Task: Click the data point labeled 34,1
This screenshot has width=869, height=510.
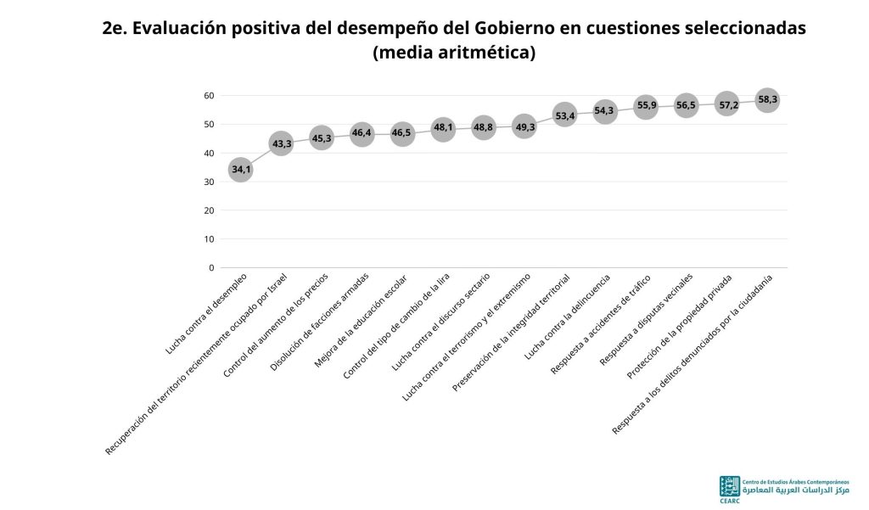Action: tap(240, 170)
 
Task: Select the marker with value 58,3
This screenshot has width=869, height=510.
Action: tap(767, 100)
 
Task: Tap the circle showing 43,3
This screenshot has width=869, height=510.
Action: tap(281, 143)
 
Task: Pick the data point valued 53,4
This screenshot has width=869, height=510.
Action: tap(564, 115)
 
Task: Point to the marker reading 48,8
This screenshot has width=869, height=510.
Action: tap(483, 127)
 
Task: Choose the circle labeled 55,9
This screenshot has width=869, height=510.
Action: tap(646, 106)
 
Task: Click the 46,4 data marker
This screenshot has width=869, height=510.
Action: tap(362, 134)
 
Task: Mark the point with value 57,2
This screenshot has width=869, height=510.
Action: tap(727, 104)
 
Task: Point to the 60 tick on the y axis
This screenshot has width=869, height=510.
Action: tap(209, 95)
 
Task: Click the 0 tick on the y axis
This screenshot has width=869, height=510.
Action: tap(211, 268)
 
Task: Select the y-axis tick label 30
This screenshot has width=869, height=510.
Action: tap(209, 182)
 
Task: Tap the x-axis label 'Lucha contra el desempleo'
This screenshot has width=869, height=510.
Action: tap(206, 313)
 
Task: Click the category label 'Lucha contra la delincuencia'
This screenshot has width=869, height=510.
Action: tap(567, 317)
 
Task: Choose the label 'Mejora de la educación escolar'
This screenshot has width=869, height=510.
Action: tap(360, 321)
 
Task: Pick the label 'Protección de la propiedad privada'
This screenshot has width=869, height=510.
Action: tap(679, 327)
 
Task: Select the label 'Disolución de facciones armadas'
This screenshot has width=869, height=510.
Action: tap(319, 322)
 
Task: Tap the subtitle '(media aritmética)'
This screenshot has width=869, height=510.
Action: tap(454, 52)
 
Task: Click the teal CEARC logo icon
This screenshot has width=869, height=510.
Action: tap(729, 486)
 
